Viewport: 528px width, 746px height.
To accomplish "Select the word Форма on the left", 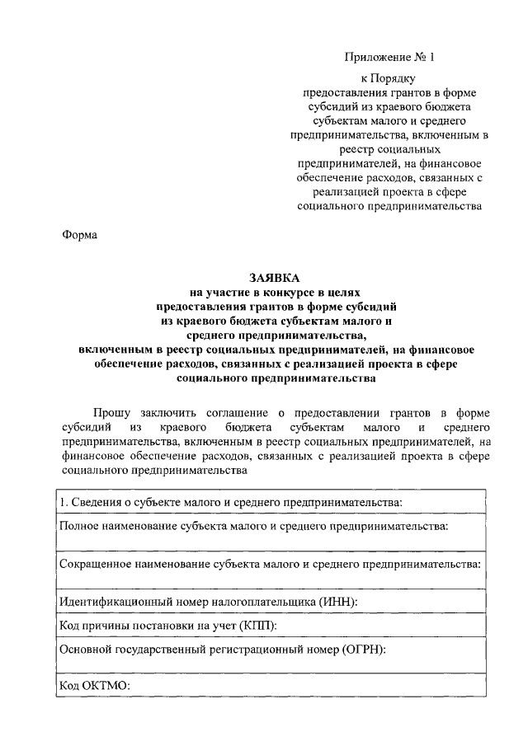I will pos(79,235).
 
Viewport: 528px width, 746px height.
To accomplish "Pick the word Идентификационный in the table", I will pos(115,603).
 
